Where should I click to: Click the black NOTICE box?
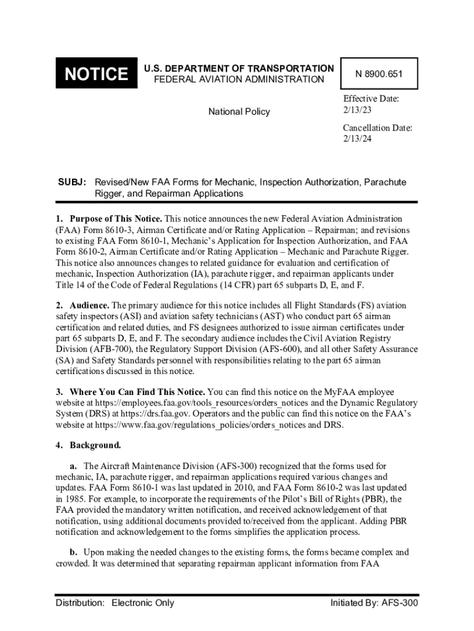coord(96,75)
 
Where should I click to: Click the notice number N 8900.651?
coord(379,75)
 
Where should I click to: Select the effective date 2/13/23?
coord(358,110)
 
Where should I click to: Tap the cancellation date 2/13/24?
coord(358,139)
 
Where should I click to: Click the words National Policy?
coord(239,112)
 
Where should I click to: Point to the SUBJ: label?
coord(72,183)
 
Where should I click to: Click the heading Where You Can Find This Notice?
coord(137,392)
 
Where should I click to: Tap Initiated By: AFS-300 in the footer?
coord(374,603)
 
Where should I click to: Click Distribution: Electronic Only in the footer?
coord(114,603)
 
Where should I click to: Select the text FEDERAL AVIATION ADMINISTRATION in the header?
coord(239,79)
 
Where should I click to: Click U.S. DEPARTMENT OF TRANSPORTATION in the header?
coord(239,68)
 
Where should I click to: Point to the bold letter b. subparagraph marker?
coord(73,553)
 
